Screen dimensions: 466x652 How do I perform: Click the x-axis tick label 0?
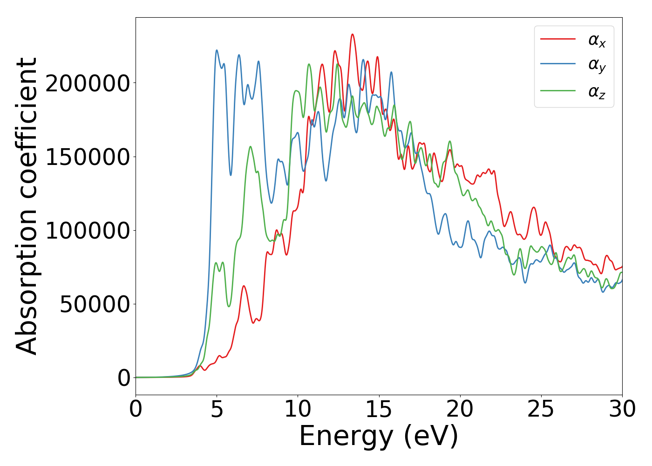136,410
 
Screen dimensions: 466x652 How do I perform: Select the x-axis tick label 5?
217,410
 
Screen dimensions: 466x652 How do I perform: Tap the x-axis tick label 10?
298,410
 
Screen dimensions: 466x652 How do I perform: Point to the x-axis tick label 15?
379,410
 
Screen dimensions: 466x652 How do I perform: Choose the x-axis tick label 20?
460,410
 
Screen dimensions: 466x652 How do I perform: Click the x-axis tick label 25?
541,410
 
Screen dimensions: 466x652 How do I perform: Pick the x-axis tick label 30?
622,410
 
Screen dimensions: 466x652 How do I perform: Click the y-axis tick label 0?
124,378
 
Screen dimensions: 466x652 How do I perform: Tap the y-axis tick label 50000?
88,304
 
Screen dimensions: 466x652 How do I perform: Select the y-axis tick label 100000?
81,231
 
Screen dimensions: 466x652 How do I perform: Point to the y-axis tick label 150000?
81,157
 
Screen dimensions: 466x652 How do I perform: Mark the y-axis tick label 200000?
81,83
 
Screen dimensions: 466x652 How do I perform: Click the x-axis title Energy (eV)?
379,437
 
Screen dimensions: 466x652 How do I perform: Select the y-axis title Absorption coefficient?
27,206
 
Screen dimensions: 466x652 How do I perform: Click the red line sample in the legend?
558,39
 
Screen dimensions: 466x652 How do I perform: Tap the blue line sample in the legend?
558,64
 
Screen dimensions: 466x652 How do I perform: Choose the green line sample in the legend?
558,90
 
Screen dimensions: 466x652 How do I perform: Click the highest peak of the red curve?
353,34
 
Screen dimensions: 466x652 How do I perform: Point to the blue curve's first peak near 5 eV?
217,50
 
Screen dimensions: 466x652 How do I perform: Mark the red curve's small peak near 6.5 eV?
244,286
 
